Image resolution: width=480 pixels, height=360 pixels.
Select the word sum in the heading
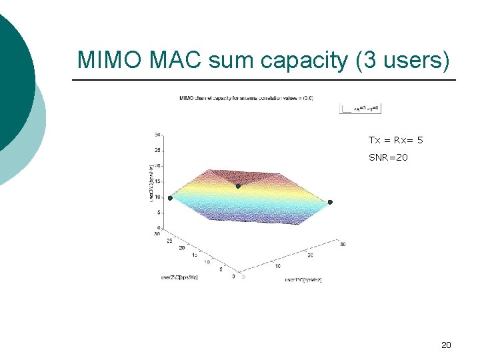(x=233, y=60)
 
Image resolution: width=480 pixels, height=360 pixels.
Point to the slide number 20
(x=446, y=345)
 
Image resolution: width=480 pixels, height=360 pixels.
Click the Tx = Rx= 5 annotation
(x=395, y=140)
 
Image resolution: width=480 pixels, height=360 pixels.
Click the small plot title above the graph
(x=245, y=98)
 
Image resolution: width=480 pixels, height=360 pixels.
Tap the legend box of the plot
(x=360, y=107)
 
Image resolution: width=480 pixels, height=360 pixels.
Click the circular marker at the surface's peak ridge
(x=238, y=186)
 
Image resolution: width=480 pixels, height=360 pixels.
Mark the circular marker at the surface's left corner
(x=170, y=198)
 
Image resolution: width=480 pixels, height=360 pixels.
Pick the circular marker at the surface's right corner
(x=329, y=202)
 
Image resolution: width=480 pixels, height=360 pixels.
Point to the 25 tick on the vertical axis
(x=157, y=150)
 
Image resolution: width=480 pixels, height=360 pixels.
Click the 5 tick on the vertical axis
(x=157, y=213)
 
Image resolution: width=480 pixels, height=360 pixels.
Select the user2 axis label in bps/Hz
(x=179, y=277)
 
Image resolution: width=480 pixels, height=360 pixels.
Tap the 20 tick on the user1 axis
(x=310, y=255)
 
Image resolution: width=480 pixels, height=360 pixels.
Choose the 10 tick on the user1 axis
(x=277, y=265)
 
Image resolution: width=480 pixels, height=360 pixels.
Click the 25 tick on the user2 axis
(x=170, y=241)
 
